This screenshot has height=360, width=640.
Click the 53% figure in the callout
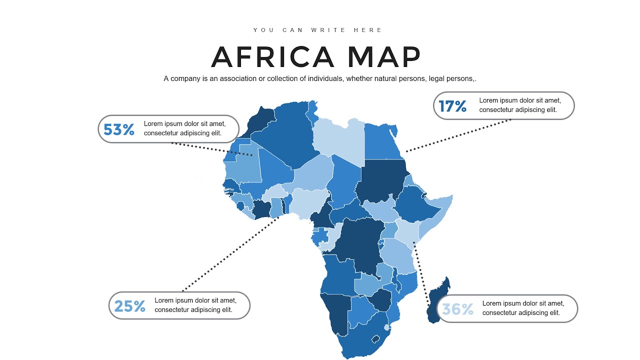(x=119, y=129)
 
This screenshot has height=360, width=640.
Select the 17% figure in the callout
(x=452, y=106)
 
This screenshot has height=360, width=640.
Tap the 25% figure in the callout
(x=130, y=306)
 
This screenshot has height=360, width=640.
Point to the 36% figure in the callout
(x=457, y=309)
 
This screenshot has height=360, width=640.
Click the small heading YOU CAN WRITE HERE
(x=318, y=30)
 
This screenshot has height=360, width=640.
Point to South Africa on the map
(x=360, y=340)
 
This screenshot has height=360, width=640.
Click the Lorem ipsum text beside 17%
(x=518, y=105)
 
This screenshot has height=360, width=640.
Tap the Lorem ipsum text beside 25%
(x=195, y=305)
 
